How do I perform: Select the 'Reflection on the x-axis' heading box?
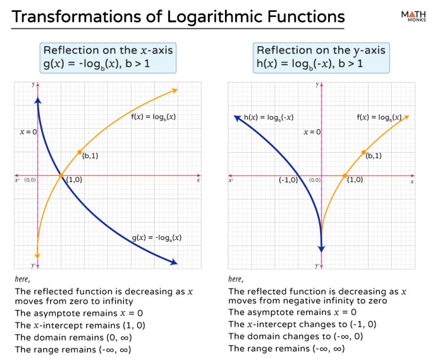(108, 57)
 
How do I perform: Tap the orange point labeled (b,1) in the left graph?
(79, 152)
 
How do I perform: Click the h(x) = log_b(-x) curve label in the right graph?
(268, 118)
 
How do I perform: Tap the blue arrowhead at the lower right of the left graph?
(174, 262)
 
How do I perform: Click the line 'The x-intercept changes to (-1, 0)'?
(302, 324)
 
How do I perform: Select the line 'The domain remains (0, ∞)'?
(73, 337)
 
